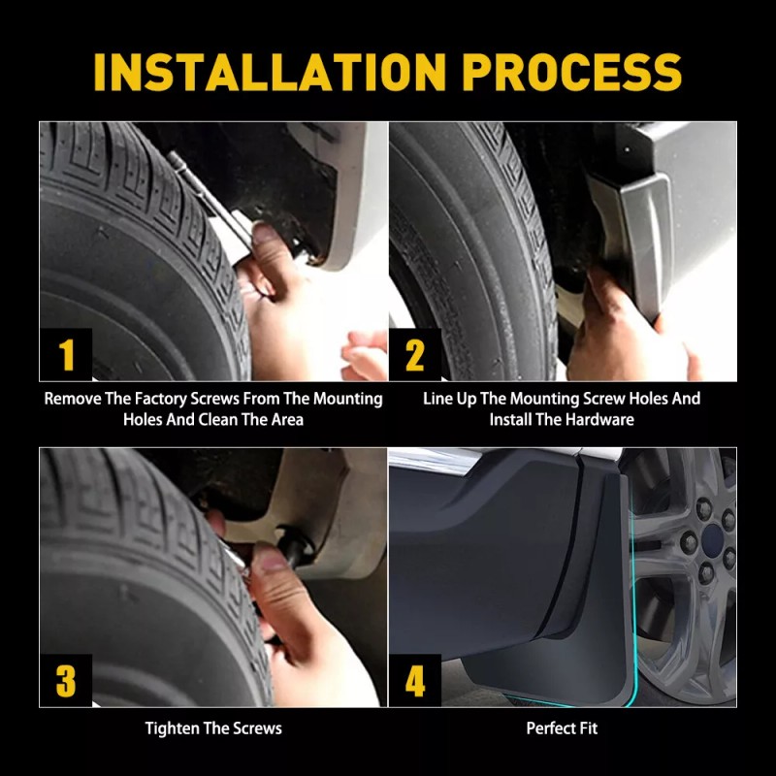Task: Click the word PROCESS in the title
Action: pyautogui.click(x=571, y=72)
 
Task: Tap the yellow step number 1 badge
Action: pyautogui.click(x=66, y=354)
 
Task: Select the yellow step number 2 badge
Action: pyautogui.click(x=415, y=354)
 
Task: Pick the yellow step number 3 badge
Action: pyautogui.click(x=66, y=681)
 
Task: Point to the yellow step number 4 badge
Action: pyautogui.click(x=415, y=681)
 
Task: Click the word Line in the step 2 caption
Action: pyautogui.click(x=435, y=399)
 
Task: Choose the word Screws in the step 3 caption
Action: pyautogui.click(x=257, y=728)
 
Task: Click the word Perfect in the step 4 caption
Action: pyautogui.click(x=550, y=728)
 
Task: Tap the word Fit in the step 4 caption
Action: pyautogui.click(x=588, y=728)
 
